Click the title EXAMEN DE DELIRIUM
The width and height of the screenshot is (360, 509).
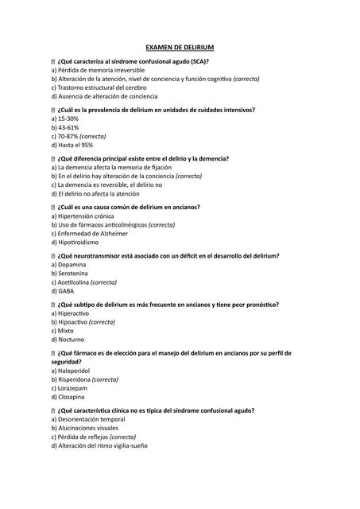[x=180, y=48]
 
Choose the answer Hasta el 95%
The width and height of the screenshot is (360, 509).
[x=72, y=145]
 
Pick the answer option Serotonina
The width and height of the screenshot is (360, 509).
[x=70, y=274]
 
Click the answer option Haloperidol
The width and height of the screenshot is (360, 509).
[x=72, y=371]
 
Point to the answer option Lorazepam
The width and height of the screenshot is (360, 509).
[x=71, y=388]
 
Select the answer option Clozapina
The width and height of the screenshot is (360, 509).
[x=70, y=397]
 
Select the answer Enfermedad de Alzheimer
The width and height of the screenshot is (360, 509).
[x=87, y=234]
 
